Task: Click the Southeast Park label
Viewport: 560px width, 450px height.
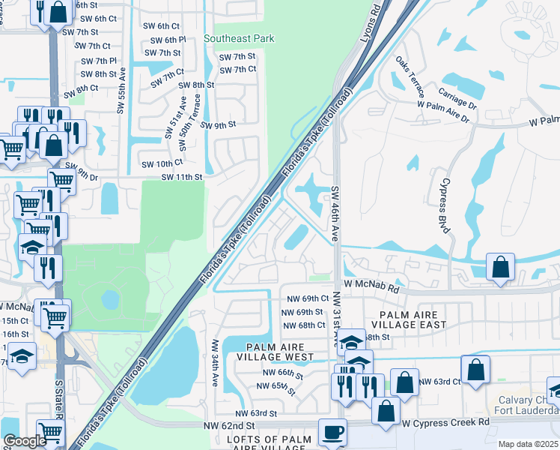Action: click(x=239, y=38)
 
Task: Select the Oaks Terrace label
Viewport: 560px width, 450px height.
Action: click(x=411, y=77)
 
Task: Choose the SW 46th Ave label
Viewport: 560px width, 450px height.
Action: click(x=336, y=214)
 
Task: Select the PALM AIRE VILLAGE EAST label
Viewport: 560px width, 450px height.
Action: click(x=413, y=320)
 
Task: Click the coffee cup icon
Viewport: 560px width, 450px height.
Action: click(x=332, y=433)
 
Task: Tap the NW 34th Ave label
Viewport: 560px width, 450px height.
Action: click(x=215, y=363)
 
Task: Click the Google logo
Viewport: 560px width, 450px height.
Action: click(x=25, y=441)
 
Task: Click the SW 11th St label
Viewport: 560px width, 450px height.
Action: click(x=182, y=177)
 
